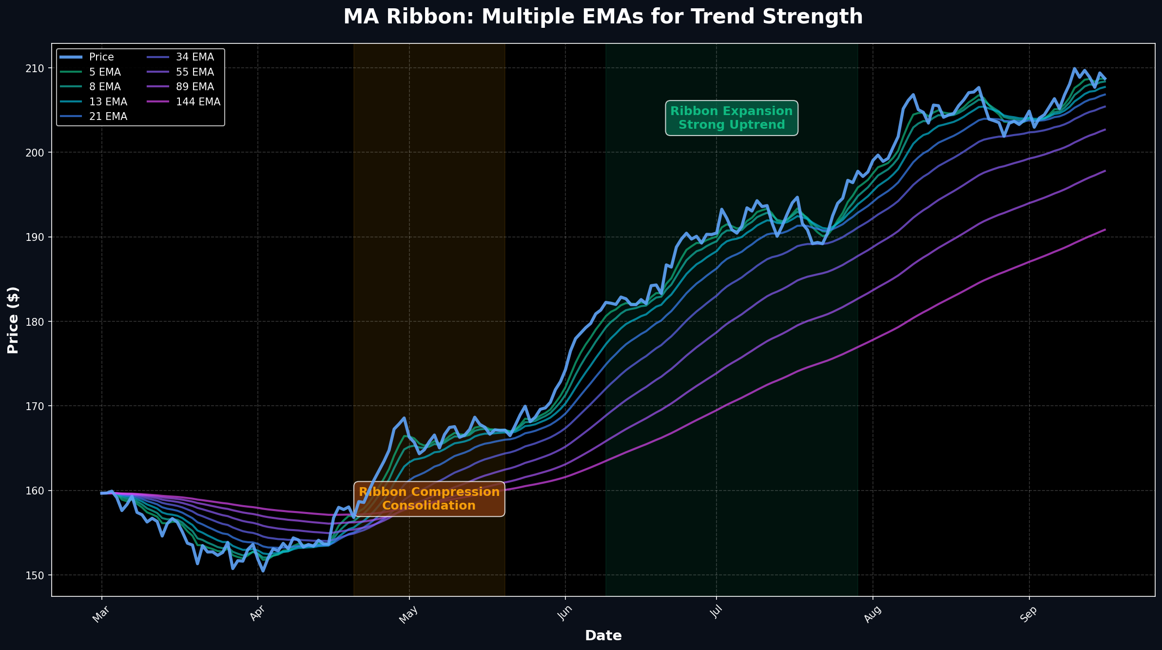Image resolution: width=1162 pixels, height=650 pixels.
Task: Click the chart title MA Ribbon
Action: pyautogui.click(x=603, y=17)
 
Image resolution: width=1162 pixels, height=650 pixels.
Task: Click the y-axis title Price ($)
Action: pyautogui.click(x=13, y=320)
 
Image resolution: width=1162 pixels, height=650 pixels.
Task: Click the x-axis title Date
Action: pyautogui.click(x=603, y=635)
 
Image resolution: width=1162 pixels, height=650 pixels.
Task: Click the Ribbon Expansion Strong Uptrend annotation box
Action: pyautogui.click(x=731, y=118)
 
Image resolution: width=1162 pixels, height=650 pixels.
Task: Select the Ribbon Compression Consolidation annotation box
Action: pyautogui.click(x=429, y=498)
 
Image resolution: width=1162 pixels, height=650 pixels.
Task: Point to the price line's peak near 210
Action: pyautogui.click(x=1074, y=68)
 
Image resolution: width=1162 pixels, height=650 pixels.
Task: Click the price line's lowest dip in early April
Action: pyautogui.click(x=263, y=571)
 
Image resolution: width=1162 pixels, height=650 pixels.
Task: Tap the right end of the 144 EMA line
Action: pyautogui.click(x=1105, y=229)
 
